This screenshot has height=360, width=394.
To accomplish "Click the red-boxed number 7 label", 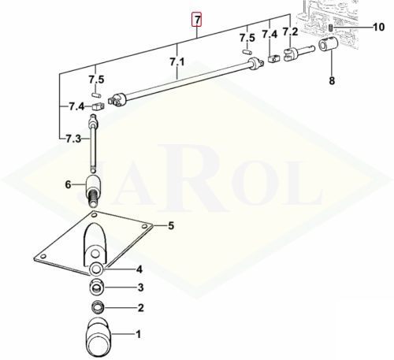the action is click(196, 20).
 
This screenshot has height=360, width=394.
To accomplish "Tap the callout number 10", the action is click(379, 27).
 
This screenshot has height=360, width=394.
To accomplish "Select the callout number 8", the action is click(332, 80).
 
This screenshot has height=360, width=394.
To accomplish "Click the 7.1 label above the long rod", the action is click(177, 62).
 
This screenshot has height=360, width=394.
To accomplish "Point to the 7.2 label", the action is click(290, 32).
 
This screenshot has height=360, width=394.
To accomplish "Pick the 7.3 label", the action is click(73, 139).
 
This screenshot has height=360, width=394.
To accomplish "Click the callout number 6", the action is click(68, 185).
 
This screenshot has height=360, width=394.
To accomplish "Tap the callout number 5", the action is click(171, 225).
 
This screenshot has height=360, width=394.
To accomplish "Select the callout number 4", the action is click(139, 269).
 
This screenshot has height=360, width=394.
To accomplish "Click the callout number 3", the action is click(141, 288).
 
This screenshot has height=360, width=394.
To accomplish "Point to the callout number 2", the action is click(141, 308).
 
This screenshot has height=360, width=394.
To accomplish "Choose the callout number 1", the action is click(138, 334).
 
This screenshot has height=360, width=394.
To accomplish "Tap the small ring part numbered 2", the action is click(98, 307).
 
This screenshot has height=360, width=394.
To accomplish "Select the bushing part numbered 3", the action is click(97, 287).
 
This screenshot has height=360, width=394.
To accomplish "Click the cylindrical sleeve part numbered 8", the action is click(328, 44).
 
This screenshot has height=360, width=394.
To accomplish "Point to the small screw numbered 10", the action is click(331, 27).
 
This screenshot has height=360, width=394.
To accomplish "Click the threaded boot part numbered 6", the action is click(93, 190).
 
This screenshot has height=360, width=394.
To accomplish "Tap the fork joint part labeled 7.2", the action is click(299, 53).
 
